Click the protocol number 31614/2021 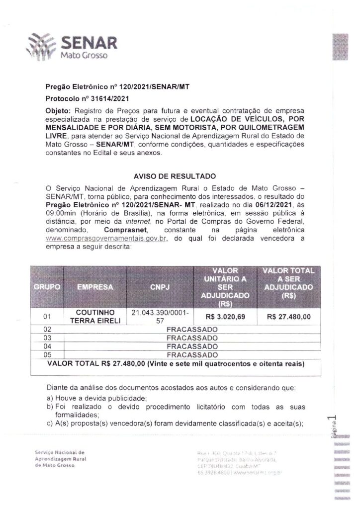point(104,98)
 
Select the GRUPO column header point(48,287)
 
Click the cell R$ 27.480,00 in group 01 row point(288,317)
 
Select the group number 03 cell point(48,338)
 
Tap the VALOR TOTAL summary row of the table point(176,363)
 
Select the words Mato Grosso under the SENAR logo point(84,57)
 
